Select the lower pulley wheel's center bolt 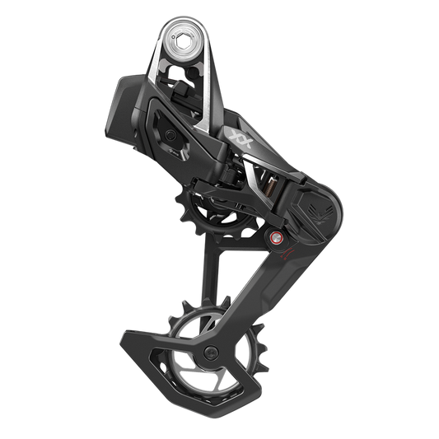coord(212,354)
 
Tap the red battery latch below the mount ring coord(175,80)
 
